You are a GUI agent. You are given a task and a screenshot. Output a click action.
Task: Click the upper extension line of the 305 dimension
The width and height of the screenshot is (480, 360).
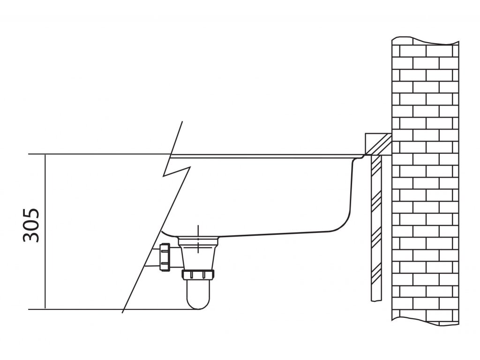click(x=94, y=154)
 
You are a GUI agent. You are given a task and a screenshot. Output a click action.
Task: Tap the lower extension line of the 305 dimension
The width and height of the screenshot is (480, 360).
click(x=94, y=309)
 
